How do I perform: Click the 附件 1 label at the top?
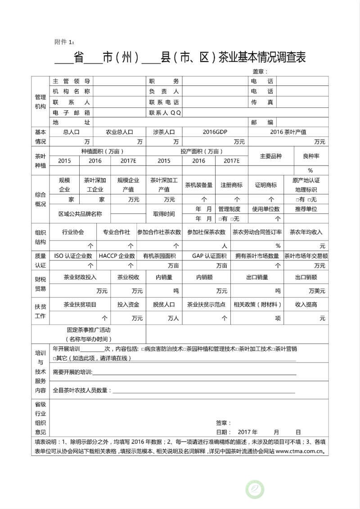pos(64,42)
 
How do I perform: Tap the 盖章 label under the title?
pos(260,71)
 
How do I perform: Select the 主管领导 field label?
pos(72,81)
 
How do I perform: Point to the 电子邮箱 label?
pos(72,112)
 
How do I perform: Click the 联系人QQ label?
pos(166,112)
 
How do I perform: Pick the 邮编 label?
pos(262,122)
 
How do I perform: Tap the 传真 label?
pos(262,102)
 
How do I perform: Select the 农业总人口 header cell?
pos(119,132)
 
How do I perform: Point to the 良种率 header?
pos(311,156)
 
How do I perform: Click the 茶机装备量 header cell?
pos(199,185)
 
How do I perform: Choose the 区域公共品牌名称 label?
pos(80,214)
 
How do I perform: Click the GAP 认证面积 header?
pos(209,256)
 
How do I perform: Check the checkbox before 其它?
pos(55,358)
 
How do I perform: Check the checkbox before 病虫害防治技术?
pos(143,349)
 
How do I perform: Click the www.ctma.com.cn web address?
pos(299,451)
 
